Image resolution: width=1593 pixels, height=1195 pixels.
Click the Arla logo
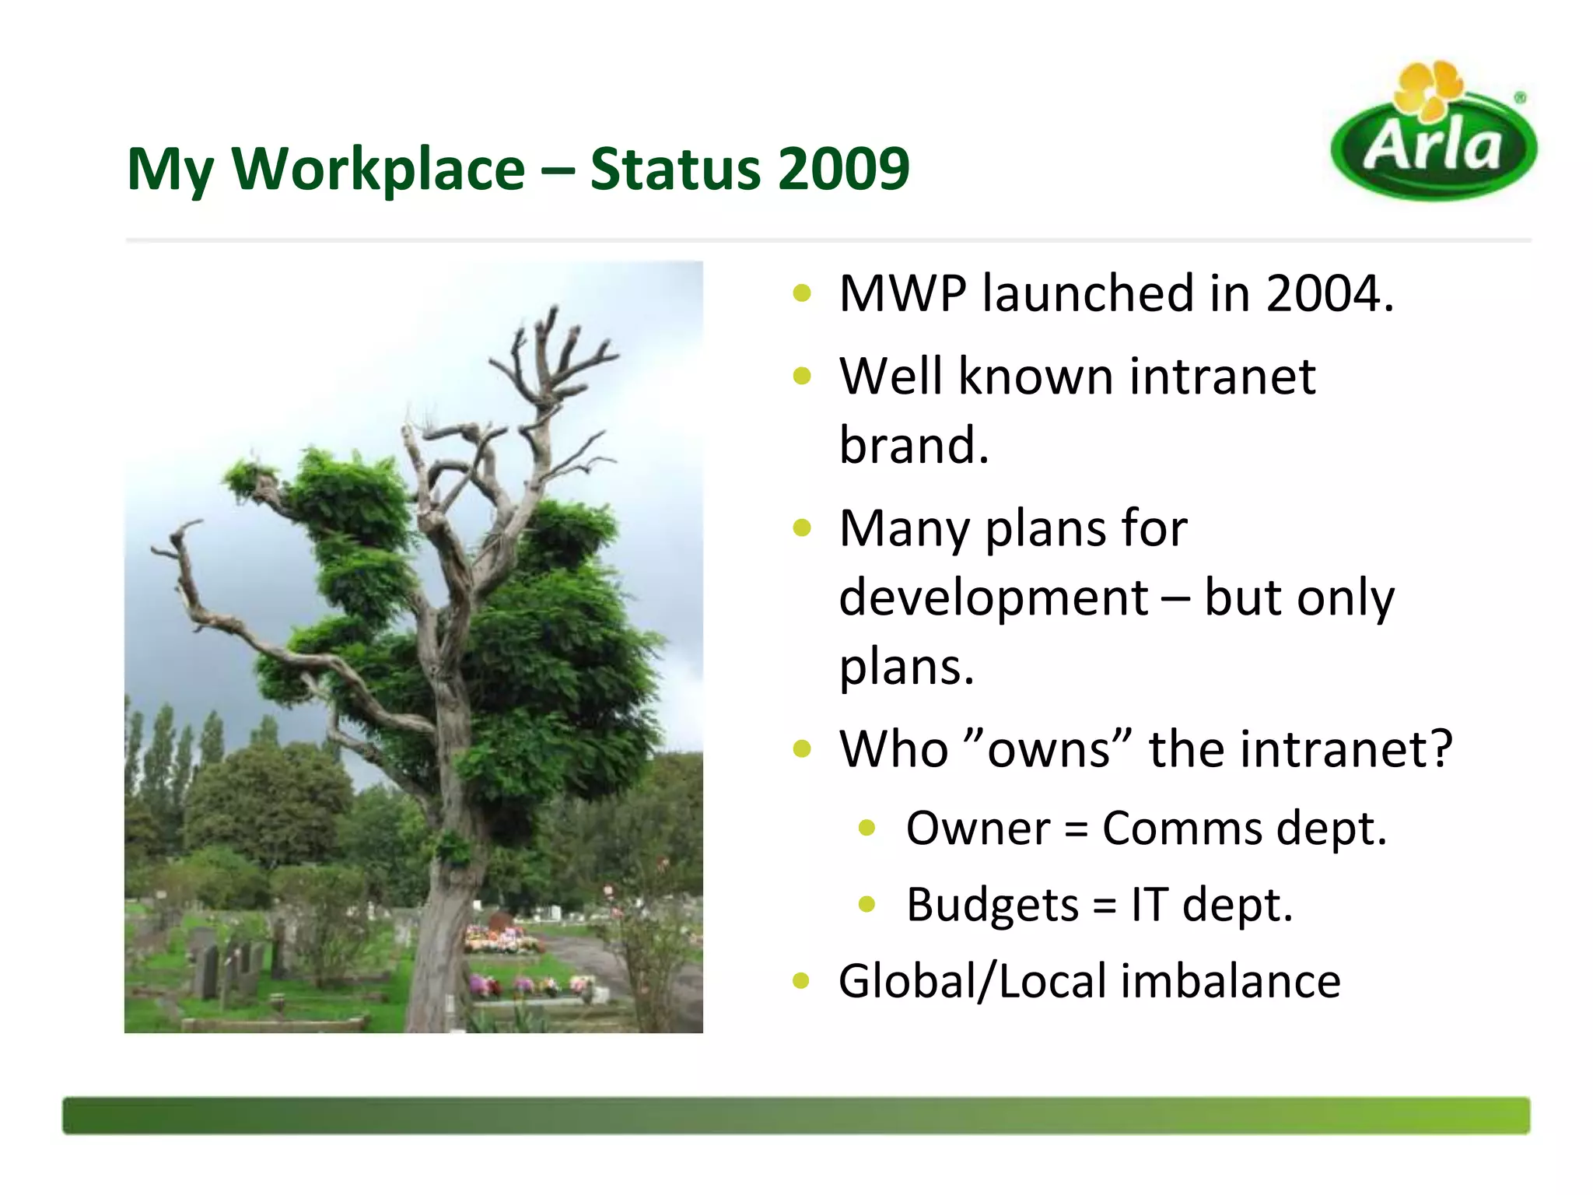click(x=1434, y=145)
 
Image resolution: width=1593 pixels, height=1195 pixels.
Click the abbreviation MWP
click(x=902, y=294)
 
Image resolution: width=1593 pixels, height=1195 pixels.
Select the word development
click(x=993, y=597)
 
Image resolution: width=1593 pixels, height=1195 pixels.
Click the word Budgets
click(x=992, y=905)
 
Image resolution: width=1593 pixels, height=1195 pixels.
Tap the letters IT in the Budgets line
click(x=1149, y=905)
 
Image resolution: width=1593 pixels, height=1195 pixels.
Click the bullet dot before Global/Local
click(x=801, y=981)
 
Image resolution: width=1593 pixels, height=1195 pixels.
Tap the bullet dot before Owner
click(x=867, y=829)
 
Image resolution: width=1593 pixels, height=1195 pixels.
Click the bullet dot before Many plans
click(x=801, y=529)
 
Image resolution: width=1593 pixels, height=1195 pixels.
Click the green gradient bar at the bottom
click(x=796, y=1115)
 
